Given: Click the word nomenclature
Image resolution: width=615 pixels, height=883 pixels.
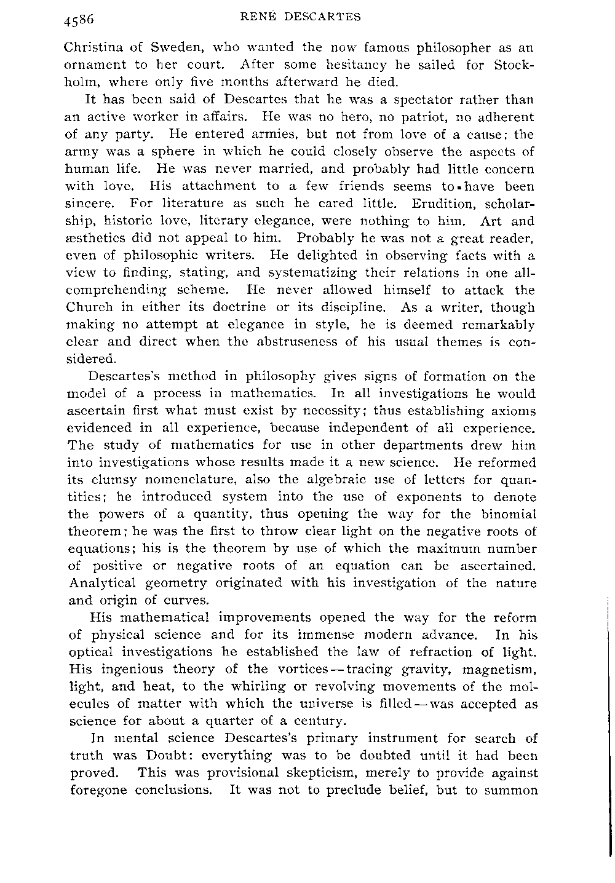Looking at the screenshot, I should pyautogui.click(x=175, y=480).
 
